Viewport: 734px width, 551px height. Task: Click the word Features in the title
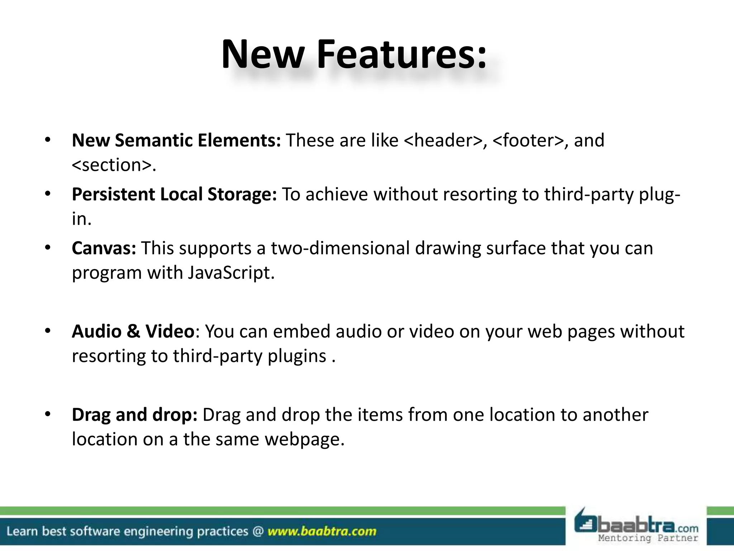[x=401, y=55]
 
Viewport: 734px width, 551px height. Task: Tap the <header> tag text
[x=443, y=140]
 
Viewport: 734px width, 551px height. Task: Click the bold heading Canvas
[x=104, y=248]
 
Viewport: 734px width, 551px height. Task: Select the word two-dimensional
[x=340, y=248]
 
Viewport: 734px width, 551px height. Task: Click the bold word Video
[x=170, y=331]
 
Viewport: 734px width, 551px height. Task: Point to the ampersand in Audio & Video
[x=133, y=331]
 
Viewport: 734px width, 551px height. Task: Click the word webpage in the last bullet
[x=304, y=439]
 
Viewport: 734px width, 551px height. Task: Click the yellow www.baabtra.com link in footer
[x=322, y=531]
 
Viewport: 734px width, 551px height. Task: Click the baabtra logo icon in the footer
[x=586, y=523]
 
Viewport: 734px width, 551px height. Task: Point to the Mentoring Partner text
[x=648, y=538]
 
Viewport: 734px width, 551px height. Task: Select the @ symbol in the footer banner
[x=258, y=531]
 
